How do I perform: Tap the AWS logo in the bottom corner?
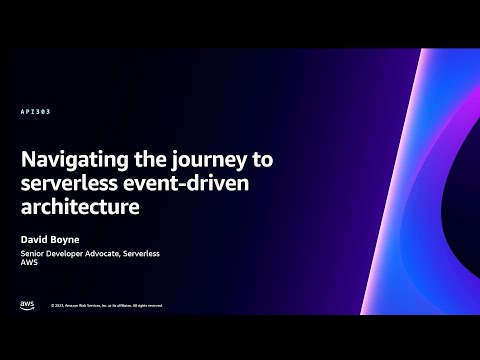click(26, 304)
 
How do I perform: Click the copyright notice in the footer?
click(107, 306)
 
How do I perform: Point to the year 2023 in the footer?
click(59, 306)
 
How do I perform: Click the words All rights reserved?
click(145, 306)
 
